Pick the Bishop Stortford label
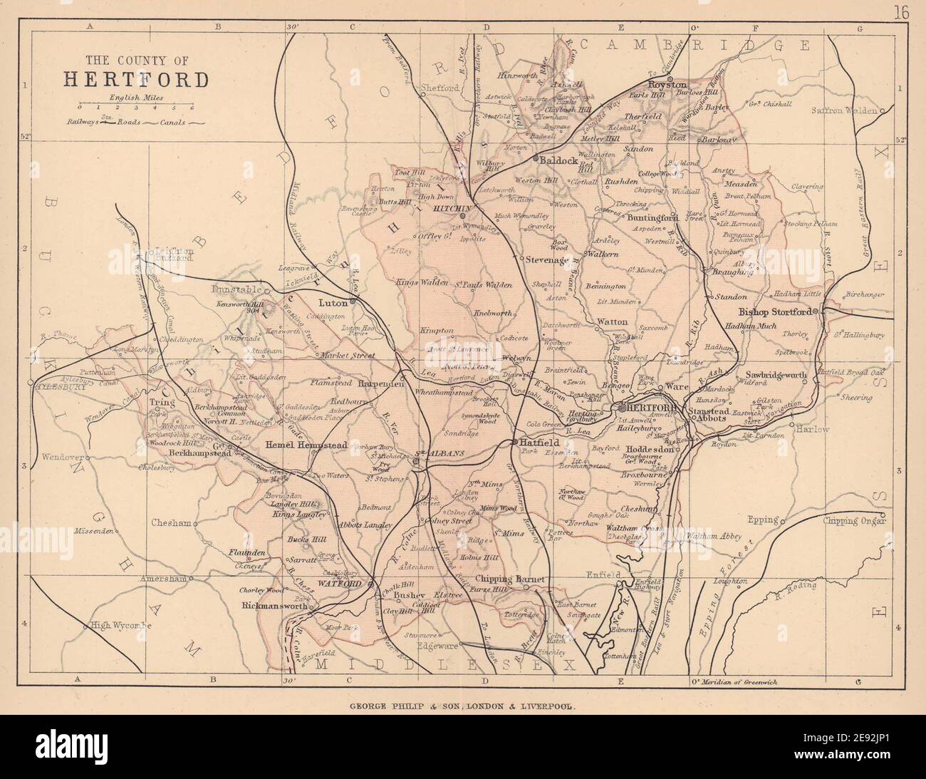coord(779,312)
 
